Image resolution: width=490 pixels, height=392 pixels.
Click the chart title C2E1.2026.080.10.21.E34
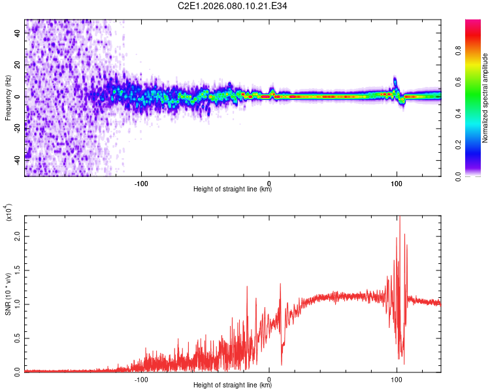[233, 7]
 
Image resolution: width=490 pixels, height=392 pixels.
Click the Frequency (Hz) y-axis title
[8, 98]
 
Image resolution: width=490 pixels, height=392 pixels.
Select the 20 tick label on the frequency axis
[18, 65]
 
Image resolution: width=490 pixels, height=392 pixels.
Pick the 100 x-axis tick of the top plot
[396, 184]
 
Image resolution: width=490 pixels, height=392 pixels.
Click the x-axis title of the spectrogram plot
[233, 189]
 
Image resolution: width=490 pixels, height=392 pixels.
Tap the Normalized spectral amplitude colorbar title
[485, 98]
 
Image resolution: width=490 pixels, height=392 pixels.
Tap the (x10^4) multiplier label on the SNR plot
[9, 214]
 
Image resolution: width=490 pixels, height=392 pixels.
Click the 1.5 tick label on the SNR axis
[18, 269]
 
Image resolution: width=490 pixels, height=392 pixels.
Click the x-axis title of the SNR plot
[233, 385]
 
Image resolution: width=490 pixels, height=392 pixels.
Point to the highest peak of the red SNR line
[400, 218]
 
